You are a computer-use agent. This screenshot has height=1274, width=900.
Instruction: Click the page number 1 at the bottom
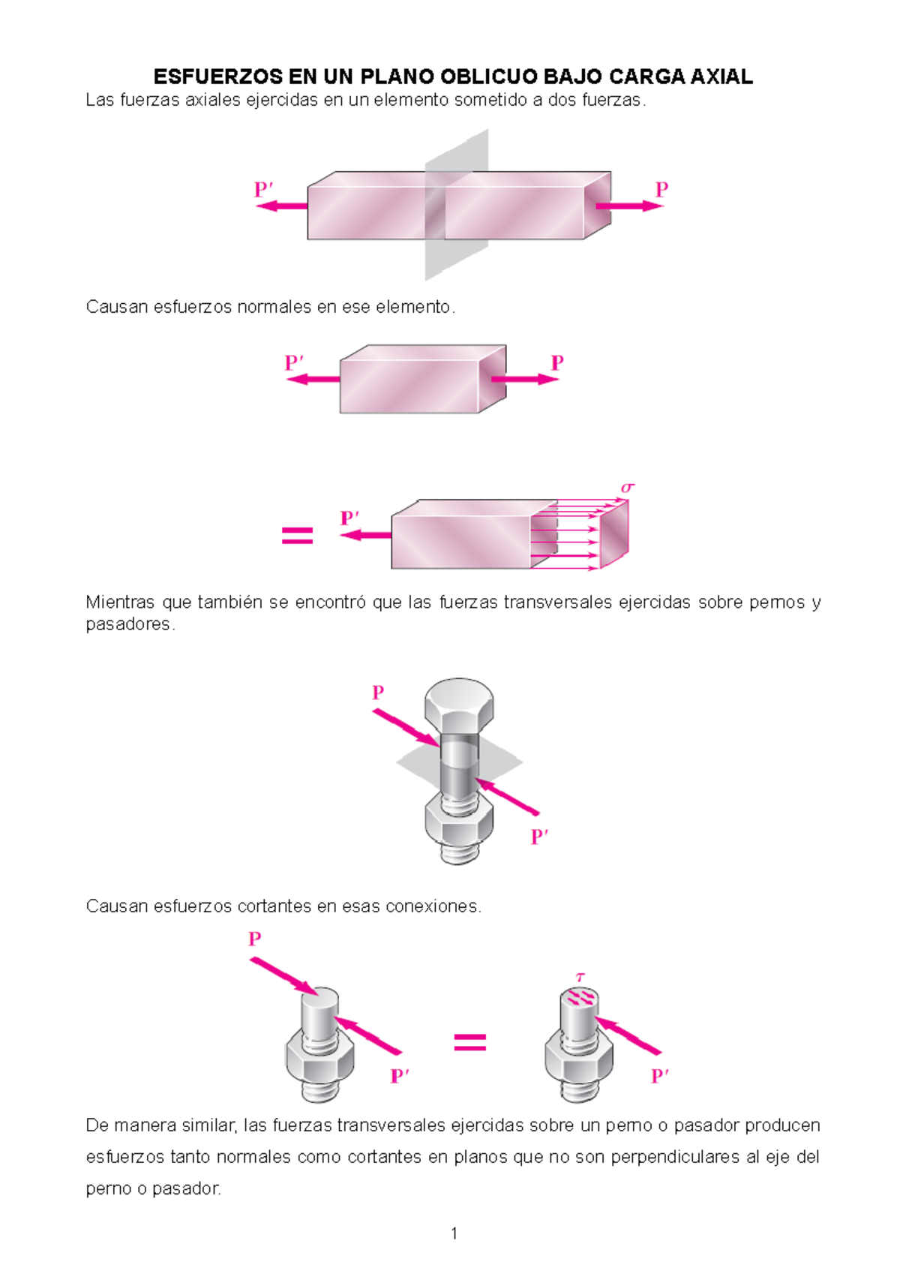pos(454,1233)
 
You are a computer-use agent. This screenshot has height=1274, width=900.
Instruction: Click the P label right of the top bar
pos(661,189)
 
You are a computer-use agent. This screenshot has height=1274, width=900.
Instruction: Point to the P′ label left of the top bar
pos(263,189)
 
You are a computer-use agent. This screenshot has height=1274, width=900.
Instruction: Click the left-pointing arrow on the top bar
pos(282,206)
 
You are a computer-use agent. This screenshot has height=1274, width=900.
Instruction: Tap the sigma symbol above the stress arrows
pos(627,488)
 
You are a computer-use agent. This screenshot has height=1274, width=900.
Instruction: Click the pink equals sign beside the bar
pos(297,535)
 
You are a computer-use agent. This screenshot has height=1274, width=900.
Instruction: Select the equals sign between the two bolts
pos(470,1041)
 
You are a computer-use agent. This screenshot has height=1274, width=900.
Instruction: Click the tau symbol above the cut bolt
pos(580,977)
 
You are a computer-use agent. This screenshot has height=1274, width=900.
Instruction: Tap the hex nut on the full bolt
pos(459,822)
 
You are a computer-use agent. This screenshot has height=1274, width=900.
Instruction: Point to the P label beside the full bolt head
pos(378,692)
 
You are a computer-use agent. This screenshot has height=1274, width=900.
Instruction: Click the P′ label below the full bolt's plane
pos(539,836)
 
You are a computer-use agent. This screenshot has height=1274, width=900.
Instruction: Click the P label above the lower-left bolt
pos(255,939)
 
